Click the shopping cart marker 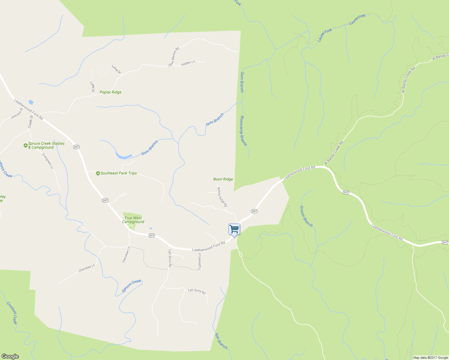tap(234, 229)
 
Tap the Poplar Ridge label tap(110, 92)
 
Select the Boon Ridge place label tap(223, 179)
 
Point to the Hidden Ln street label tap(188, 63)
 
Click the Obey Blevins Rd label tap(173, 56)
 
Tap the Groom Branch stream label tap(306, 216)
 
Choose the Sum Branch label tap(221, 341)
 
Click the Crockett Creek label tap(12, 313)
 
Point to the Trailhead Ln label tap(200, 262)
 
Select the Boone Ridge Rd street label tap(222, 197)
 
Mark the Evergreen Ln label tap(48, 161)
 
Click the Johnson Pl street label tap(17, 113)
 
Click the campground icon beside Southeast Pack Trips tap(98, 173)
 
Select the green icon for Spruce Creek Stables tap(26, 145)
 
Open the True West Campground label tap(133, 220)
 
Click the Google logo tap(10, 356)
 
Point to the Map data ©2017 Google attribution tap(430, 358)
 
